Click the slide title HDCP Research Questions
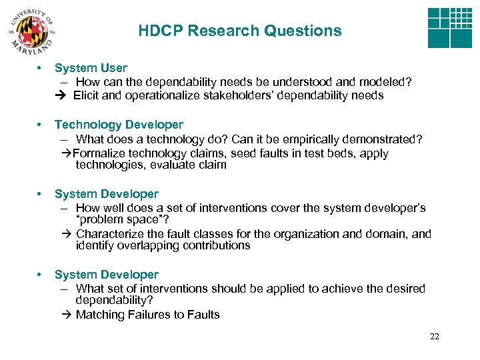(x=240, y=31)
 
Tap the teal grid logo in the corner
(x=449, y=29)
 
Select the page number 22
(x=435, y=337)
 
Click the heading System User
(x=91, y=67)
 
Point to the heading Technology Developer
(x=119, y=125)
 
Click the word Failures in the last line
(x=148, y=314)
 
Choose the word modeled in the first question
(x=387, y=81)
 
